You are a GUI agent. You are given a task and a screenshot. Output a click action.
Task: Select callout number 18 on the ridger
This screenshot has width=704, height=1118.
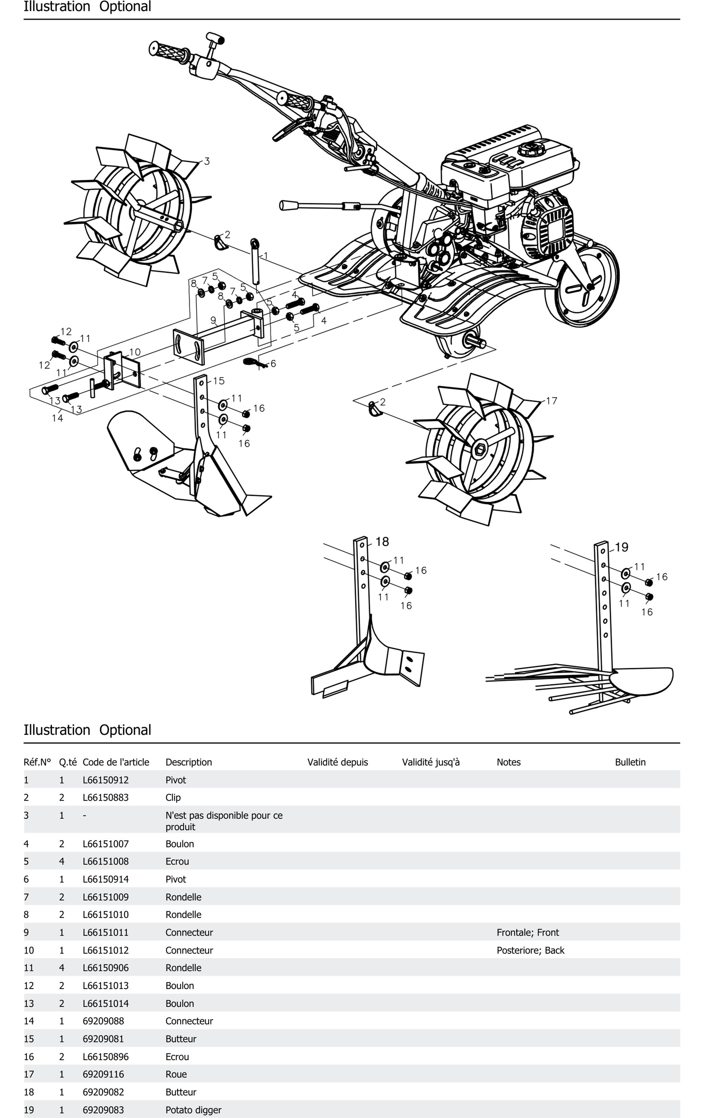coord(382,541)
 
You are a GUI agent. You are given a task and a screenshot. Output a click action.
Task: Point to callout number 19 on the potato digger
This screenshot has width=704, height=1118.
coord(621,547)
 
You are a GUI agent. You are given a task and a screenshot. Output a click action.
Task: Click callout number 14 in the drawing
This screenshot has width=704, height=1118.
coord(57,418)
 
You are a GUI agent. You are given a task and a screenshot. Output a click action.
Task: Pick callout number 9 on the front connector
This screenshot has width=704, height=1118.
coord(213,320)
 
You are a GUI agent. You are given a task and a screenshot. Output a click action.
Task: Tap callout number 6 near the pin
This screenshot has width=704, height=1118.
coord(273,364)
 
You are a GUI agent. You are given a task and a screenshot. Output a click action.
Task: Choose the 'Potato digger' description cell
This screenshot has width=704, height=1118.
coord(193,1110)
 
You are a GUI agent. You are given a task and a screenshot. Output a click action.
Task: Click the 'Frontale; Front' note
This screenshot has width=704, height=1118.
coord(527,932)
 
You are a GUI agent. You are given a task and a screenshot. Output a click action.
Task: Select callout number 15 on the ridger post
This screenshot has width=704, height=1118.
coord(219,381)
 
